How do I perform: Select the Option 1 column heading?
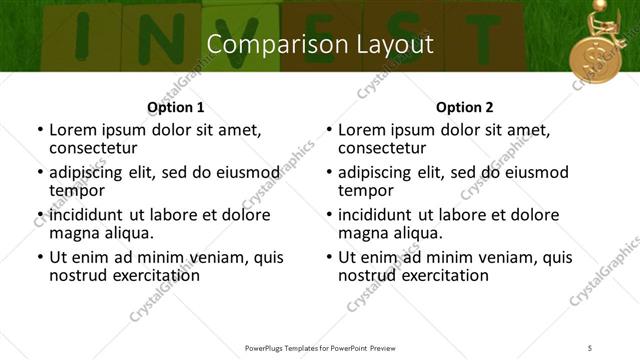coord(176,107)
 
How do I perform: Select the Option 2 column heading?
coord(465,107)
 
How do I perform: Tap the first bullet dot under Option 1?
coord(39,130)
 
